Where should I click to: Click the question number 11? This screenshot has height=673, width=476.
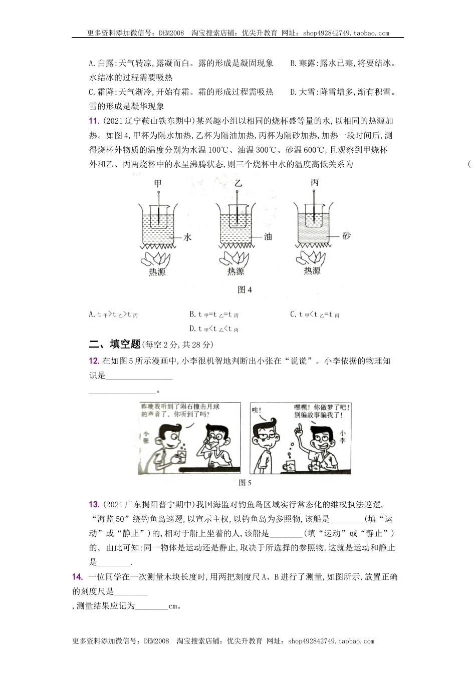coord(93,121)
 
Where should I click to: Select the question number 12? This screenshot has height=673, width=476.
coord(93,361)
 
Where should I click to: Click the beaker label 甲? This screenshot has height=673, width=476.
coord(158,183)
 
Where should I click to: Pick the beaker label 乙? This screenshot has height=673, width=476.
coord(237,183)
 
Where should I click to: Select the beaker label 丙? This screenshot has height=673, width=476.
coord(314,183)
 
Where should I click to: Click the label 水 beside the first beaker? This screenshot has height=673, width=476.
coord(187,238)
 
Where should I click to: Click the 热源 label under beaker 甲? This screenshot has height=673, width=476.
coord(157,272)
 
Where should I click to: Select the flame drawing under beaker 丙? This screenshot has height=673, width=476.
coord(312,257)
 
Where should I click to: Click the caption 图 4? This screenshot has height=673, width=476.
coord(244,290)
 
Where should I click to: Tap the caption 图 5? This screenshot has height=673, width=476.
coord(245,483)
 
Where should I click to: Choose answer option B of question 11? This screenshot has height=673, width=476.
coord(214,314)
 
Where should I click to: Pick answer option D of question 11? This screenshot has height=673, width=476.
coord(214,329)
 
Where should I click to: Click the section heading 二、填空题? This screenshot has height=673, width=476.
coord(114,344)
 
